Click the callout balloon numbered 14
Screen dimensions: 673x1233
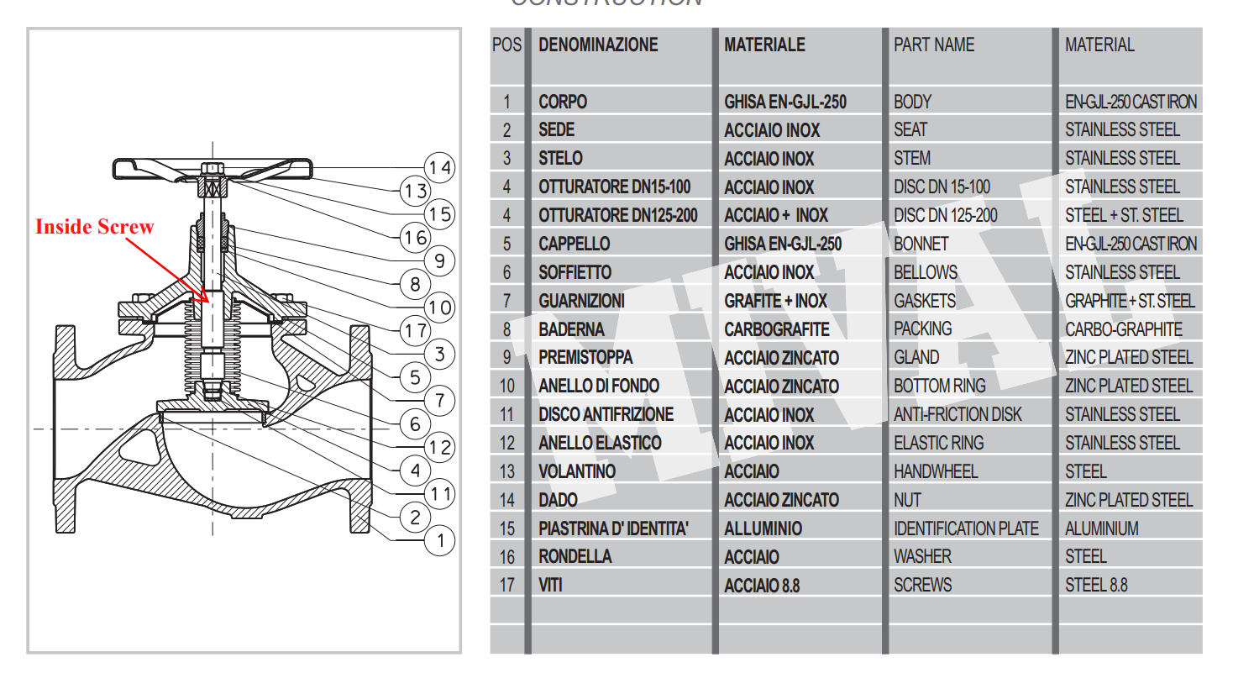[x=439, y=168]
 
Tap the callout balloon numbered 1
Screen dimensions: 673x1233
[x=439, y=540]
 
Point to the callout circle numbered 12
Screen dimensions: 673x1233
[x=439, y=447]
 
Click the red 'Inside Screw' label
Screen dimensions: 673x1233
[x=95, y=227]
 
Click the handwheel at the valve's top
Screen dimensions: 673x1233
[x=212, y=166]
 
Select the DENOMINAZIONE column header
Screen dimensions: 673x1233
[x=598, y=45]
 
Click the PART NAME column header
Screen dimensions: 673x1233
[x=934, y=45]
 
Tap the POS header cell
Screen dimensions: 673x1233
[x=506, y=45]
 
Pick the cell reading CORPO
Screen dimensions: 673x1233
[x=563, y=103]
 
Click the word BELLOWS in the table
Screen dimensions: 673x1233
[x=925, y=272]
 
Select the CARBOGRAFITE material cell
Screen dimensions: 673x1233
[x=776, y=329]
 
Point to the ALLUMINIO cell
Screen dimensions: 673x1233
[x=763, y=528]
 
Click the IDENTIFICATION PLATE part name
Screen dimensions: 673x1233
[x=966, y=528]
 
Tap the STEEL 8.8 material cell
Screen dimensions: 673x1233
[x=1096, y=585]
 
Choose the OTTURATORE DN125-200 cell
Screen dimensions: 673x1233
[x=617, y=215]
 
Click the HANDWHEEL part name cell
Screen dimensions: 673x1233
[x=936, y=471]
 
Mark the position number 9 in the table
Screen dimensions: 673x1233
[x=506, y=358]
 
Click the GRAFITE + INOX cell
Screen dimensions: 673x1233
[x=775, y=301]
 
